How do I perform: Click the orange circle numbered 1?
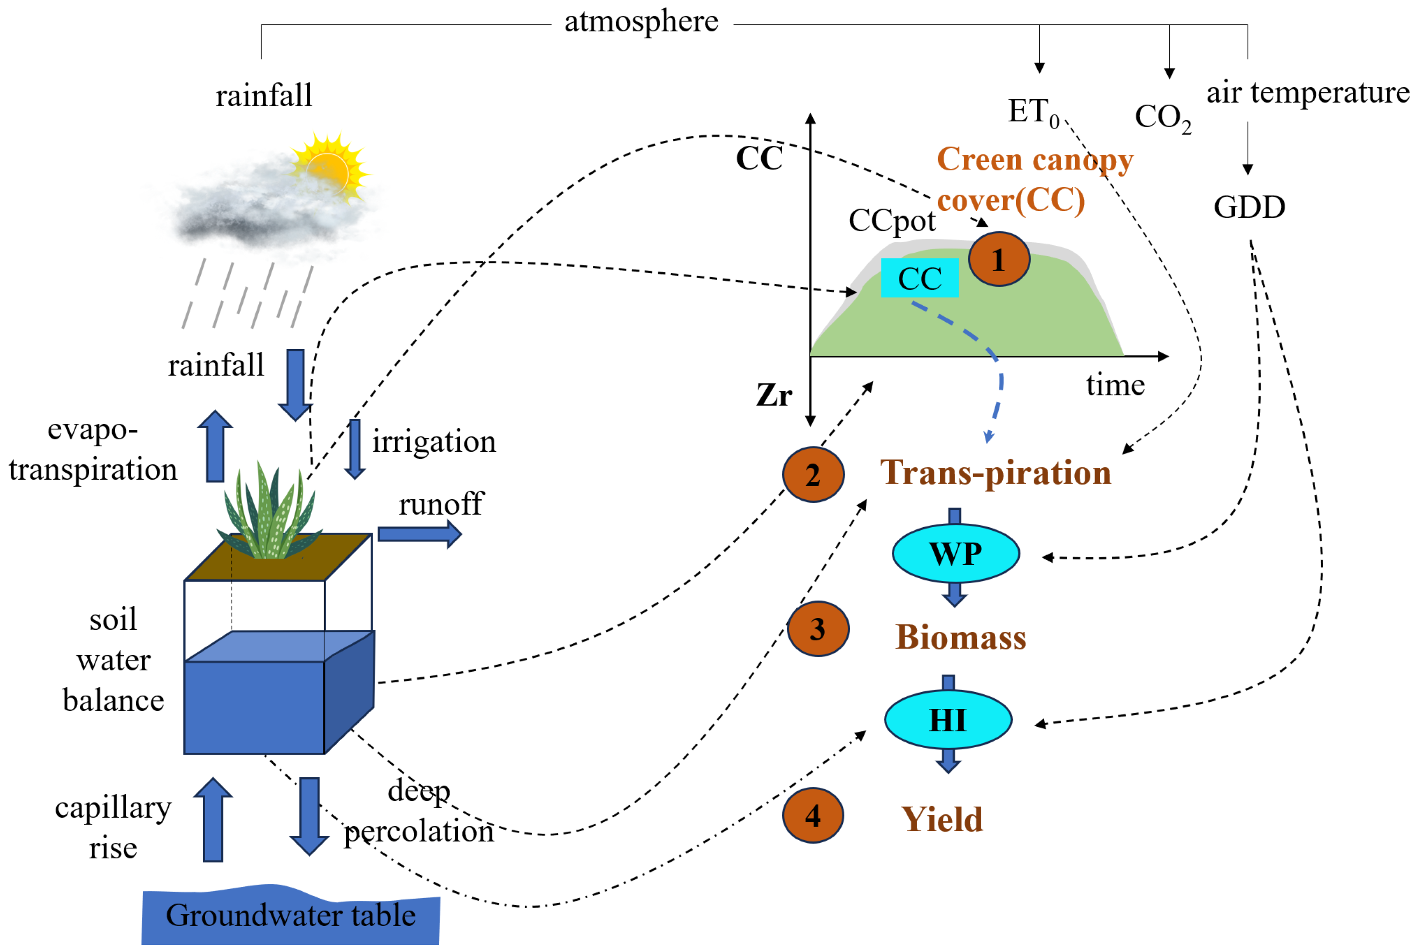coord(998,259)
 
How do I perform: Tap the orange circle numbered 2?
coord(813,474)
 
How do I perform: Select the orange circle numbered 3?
coord(818,629)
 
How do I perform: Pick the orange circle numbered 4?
coord(813,815)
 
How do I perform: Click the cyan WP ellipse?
coord(956,553)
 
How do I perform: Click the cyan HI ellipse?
coord(948,720)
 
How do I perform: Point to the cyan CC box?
coord(920,278)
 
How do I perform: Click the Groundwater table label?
coord(291,915)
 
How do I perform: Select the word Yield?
coord(942,819)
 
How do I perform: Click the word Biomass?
coord(961,638)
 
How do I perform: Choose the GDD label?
coord(1249,207)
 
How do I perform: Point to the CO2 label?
coord(1162,117)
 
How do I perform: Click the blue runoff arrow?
coord(419,534)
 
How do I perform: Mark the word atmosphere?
coord(641,22)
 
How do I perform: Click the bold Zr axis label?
coord(774,395)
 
